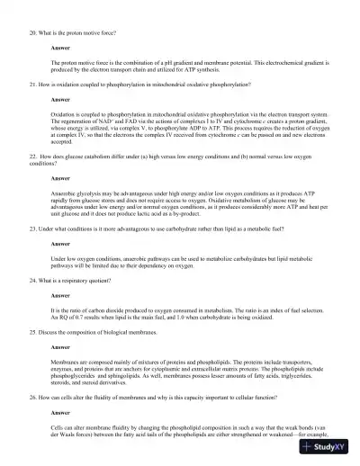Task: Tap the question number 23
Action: click(31, 229)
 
